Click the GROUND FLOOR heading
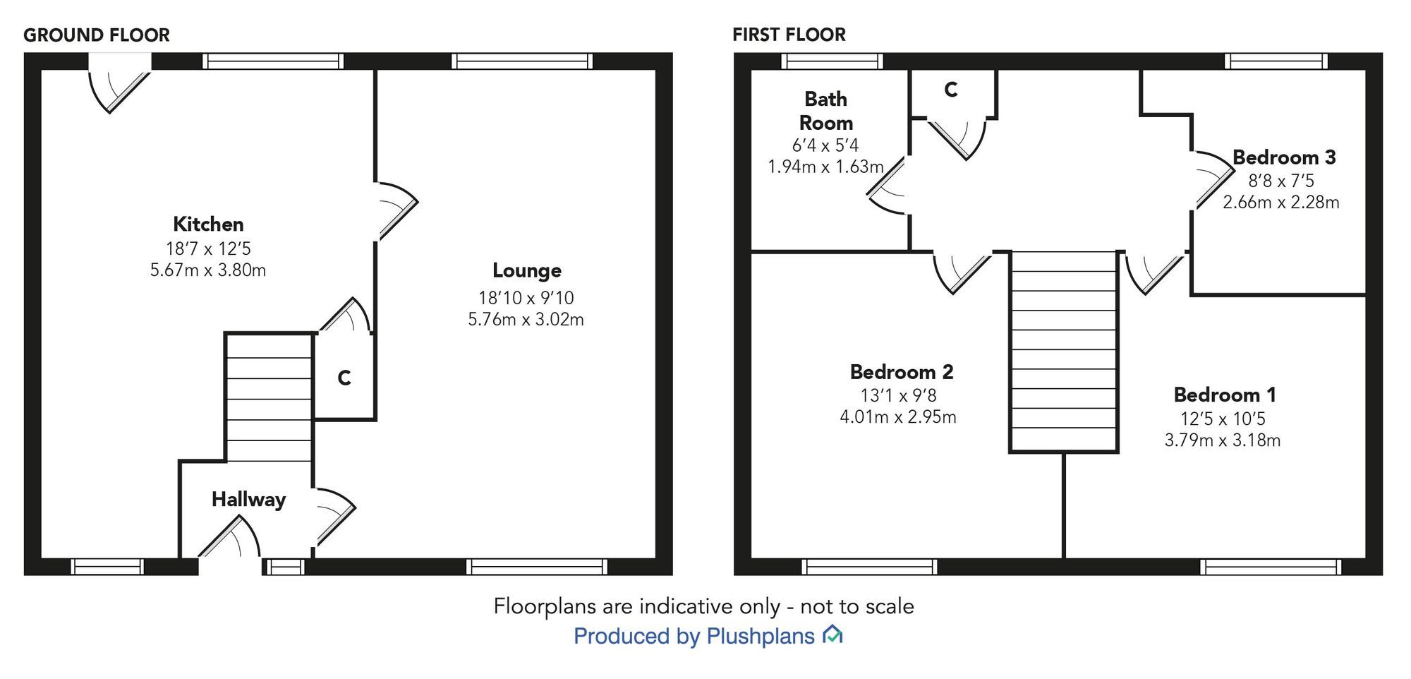point(97,35)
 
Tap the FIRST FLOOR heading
point(789,35)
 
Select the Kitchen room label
point(208,224)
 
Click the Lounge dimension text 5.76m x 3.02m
point(526,320)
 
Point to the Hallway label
point(248,500)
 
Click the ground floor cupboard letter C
point(344,378)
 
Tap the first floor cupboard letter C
point(950,90)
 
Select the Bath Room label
point(825,111)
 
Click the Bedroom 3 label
point(1283,157)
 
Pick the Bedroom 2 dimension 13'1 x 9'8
point(898,395)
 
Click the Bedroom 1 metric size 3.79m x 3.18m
point(1222,440)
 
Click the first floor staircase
point(1063,351)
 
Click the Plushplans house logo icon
point(832,635)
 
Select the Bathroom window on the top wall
point(832,61)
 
